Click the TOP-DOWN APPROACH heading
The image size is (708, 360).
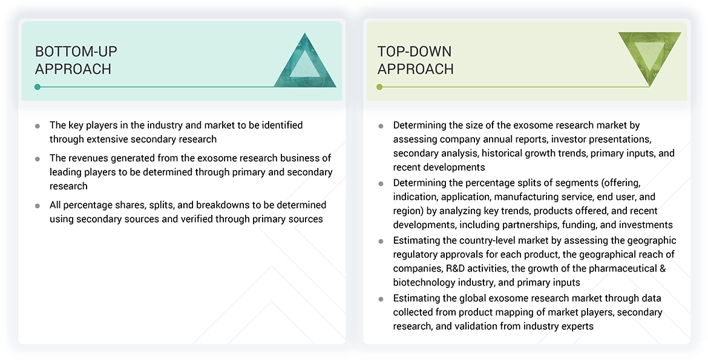click(x=415, y=60)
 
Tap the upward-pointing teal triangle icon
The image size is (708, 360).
click(x=304, y=63)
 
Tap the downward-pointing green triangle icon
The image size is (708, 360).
click(x=649, y=56)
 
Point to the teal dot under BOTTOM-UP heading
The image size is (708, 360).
click(x=38, y=87)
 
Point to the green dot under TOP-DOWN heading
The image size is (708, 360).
click(x=379, y=87)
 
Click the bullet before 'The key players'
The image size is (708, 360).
click(x=38, y=126)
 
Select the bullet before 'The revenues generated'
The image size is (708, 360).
click(x=38, y=159)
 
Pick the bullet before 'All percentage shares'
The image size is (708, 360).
click(x=38, y=206)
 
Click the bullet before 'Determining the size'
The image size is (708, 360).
click(x=381, y=126)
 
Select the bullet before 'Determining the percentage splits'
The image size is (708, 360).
click(x=381, y=183)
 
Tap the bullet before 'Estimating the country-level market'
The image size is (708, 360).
click(x=381, y=241)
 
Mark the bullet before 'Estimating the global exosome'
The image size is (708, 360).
click(x=381, y=299)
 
